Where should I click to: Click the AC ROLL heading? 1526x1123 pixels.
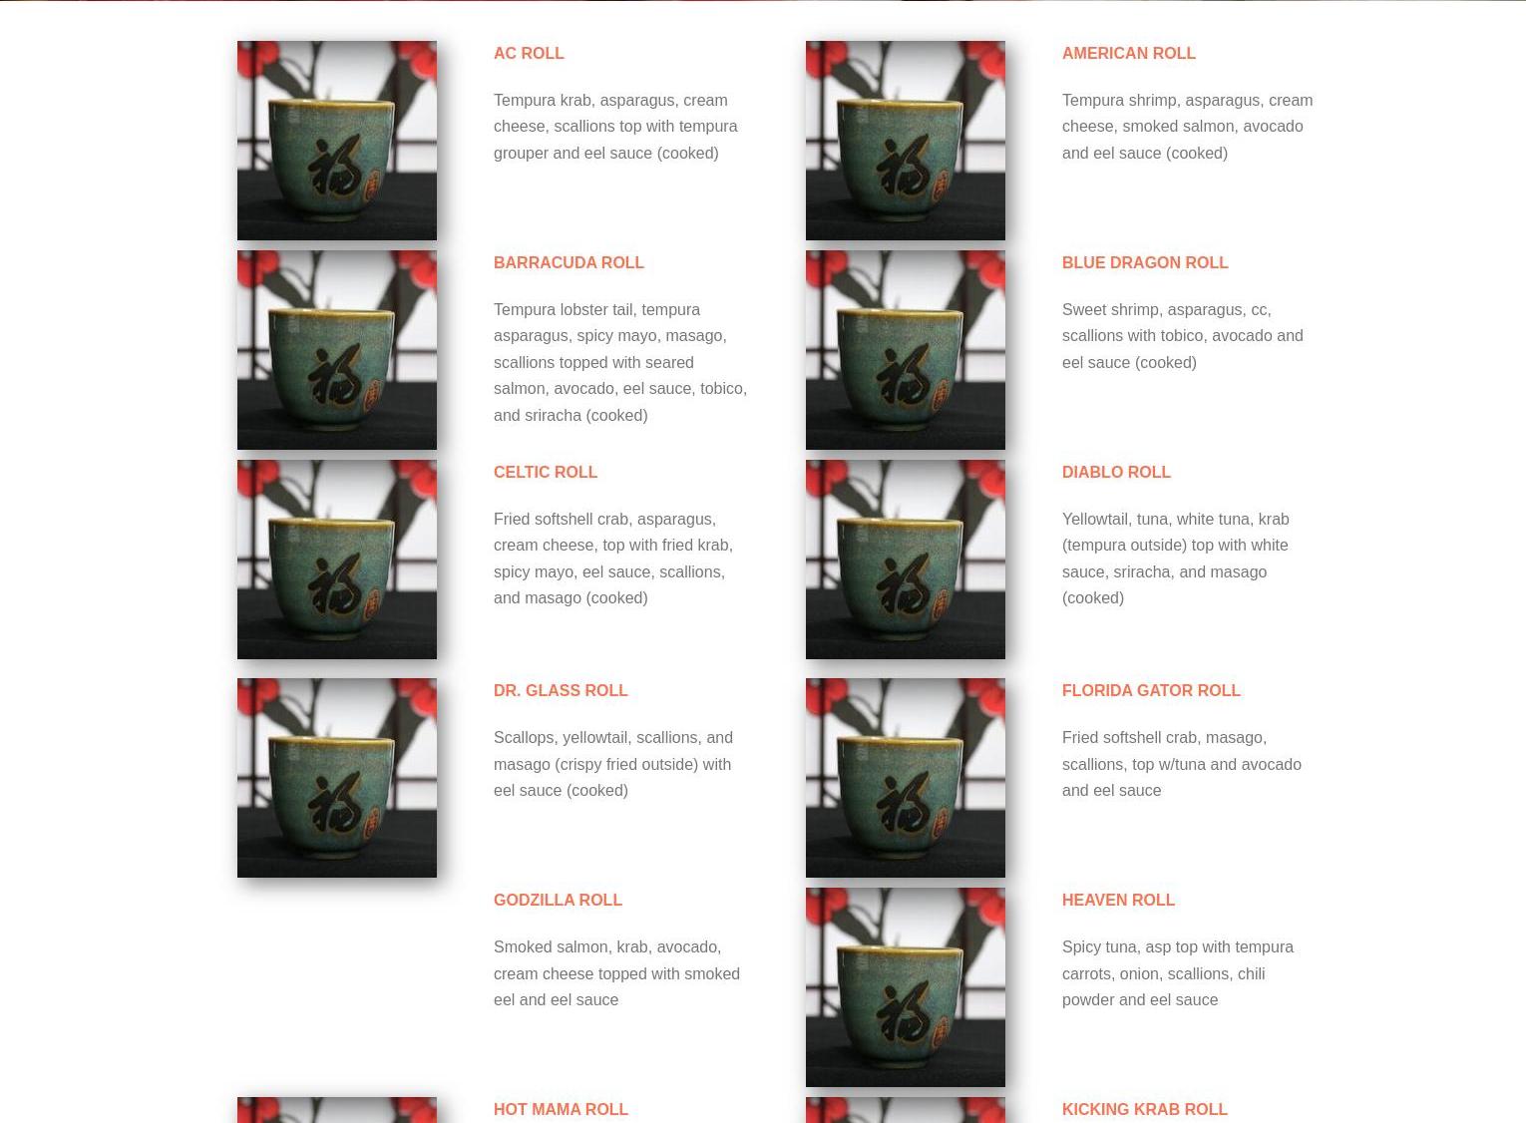click(x=529, y=53)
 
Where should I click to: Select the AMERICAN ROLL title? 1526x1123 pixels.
click(x=1128, y=53)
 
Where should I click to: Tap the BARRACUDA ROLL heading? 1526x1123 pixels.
click(x=569, y=263)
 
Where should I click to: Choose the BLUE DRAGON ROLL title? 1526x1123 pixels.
click(x=1145, y=263)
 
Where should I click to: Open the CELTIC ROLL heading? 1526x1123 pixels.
click(x=545, y=472)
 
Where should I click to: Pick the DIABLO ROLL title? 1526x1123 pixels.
click(x=1116, y=472)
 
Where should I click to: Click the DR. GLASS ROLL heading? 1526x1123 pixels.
click(x=560, y=690)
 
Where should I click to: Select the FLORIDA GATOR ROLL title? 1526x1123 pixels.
click(x=1151, y=690)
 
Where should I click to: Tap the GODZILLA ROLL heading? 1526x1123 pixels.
click(x=558, y=901)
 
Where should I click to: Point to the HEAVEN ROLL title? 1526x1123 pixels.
click(x=1118, y=901)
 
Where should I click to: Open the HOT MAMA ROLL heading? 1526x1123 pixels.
click(x=560, y=1109)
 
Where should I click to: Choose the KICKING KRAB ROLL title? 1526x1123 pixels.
click(x=1145, y=1109)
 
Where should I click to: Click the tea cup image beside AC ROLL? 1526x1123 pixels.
click(x=336, y=141)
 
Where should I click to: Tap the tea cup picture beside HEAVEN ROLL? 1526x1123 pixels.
click(x=905, y=987)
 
